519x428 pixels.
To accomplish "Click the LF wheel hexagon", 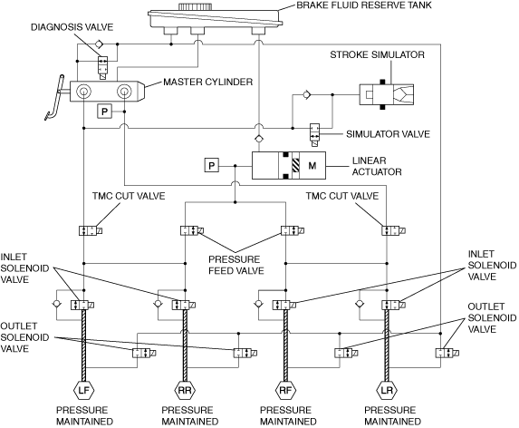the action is pos(83,390).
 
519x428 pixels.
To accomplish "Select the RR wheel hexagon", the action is pos(185,390).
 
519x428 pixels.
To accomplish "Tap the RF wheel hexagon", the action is pos(285,390).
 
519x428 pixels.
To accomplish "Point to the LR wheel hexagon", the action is pos(387,390).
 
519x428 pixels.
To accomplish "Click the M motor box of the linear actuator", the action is pos(312,165).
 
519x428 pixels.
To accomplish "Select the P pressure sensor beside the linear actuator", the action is pos(212,165).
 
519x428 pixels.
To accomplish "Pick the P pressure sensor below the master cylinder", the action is pos(104,112).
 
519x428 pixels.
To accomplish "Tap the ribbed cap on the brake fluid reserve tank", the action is pos(195,6).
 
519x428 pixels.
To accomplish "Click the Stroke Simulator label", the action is pos(377,54).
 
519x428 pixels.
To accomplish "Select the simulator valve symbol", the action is pos(314,134).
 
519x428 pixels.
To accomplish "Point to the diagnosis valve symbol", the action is pos(102,68).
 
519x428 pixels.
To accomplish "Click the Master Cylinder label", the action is pos(207,82).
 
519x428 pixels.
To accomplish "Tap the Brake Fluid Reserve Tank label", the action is pos(364,5).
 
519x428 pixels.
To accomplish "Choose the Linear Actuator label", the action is pos(377,166).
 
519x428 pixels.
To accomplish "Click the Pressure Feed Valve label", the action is pos(236,265).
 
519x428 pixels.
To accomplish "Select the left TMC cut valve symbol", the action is pos(91,230).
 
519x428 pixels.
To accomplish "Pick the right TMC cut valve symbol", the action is pos(394,230).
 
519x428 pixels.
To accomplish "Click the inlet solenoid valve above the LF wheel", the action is pos(82,305).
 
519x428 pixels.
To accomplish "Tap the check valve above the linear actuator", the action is pos(258,139).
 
